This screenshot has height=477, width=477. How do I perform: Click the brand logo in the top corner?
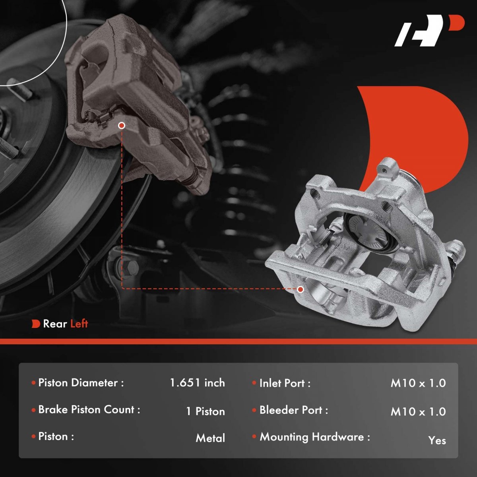[429, 34]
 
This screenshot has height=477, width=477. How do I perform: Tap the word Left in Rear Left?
[79, 324]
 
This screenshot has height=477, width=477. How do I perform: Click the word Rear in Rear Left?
[55, 324]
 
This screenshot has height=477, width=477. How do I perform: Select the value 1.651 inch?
[197, 383]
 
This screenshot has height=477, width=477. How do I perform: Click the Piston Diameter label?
[81, 383]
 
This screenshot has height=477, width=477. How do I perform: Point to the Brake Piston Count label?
[89, 409]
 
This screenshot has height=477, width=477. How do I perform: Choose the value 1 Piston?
[206, 411]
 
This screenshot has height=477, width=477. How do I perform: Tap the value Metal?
[210, 438]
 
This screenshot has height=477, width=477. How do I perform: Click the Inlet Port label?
[285, 384]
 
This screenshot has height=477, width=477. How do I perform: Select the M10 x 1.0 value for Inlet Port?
[418, 383]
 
